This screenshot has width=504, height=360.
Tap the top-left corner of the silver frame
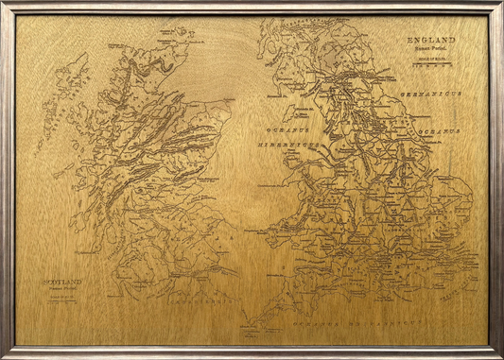(x=3, y=3)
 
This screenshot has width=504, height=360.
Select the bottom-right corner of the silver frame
(x=500, y=356)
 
